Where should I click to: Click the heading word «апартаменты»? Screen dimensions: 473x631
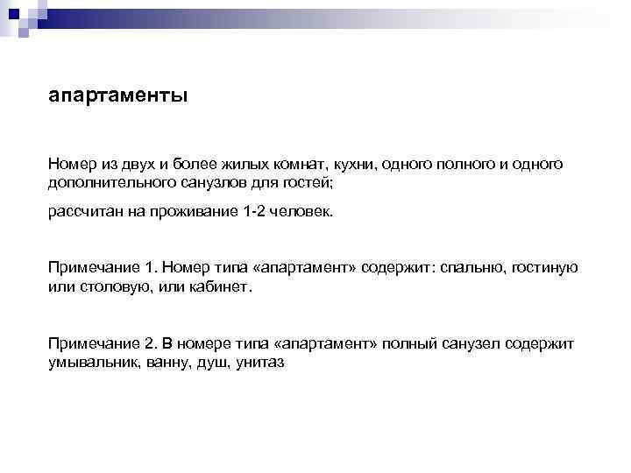point(117,95)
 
